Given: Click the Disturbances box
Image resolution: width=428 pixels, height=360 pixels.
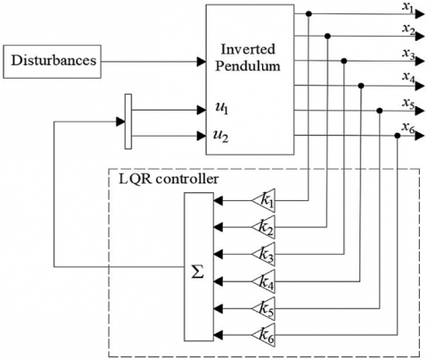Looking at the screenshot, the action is tap(52, 62).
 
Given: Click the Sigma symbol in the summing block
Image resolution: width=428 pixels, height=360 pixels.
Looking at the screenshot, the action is tap(198, 272).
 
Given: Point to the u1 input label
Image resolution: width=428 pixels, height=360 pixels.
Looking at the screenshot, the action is tap(222, 109).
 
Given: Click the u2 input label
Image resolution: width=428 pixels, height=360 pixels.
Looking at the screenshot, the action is tap(221, 136).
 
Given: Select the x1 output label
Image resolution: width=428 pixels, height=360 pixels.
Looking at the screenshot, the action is tap(408, 7).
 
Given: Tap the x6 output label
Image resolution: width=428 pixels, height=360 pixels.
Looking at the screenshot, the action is tap(408, 128).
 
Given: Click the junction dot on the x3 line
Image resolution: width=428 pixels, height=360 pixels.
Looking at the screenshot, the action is tap(344, 61).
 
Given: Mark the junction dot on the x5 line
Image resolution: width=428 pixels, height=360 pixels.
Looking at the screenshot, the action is tap(380, 111).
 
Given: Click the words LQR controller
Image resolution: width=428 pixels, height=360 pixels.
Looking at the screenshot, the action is tap(169, 180).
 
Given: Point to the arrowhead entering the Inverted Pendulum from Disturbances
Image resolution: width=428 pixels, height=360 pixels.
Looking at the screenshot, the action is tap(202, 62).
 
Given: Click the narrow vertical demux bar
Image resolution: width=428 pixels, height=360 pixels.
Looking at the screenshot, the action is tap(128, 121).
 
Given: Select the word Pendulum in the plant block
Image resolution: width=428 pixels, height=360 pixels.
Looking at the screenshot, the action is tap(248, 66).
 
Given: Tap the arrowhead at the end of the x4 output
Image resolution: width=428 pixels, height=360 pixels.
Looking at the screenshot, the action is tap(420, 87).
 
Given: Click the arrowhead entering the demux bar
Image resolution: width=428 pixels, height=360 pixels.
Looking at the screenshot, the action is tap(120, 121).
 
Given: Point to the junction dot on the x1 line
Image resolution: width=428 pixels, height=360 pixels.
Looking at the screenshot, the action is tap(309, 13).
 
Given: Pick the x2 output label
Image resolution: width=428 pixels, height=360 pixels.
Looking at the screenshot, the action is tap(408, 29).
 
